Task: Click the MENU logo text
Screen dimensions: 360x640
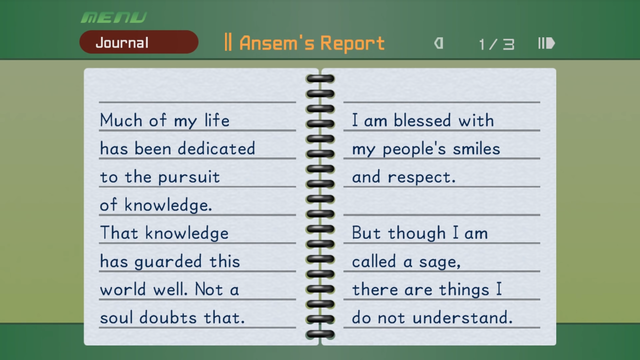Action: tap(113, 17)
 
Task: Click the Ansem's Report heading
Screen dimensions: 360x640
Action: tap(305, 43)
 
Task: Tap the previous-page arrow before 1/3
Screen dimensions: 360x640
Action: tap(438, 43)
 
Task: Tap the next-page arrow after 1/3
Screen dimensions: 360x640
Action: tap(546, 43)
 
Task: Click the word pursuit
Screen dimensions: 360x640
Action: tap(194, 178)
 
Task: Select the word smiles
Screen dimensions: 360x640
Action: tap(471, 149)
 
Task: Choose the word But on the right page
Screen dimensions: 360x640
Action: tap(366, 233)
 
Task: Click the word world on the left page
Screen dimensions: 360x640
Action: tap(121, 290)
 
